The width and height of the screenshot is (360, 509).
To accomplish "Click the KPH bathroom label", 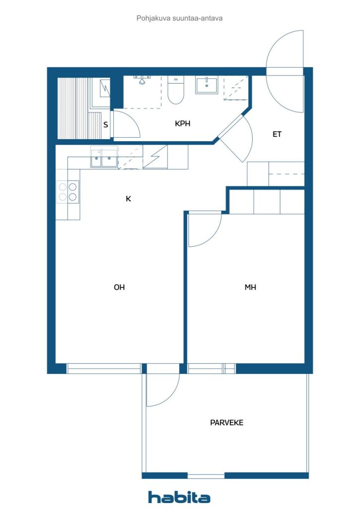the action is pyautogui.click(x=182, y=124).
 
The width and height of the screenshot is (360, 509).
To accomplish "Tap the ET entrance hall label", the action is pyautogui.click(x=277, y=134).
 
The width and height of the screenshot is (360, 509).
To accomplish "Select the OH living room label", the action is pyautogui.click(x=119, y=287).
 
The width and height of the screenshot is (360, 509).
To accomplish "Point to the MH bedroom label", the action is pyautogui.click(x=250, y=287).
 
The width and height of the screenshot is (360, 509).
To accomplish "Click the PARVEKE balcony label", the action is pyautogui.click(x=227, y=423).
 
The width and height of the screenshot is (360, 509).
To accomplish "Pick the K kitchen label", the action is pyautogui.click(x=128, y=199).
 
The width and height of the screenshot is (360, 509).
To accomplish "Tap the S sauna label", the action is pyautogui.click(x=105, y=125).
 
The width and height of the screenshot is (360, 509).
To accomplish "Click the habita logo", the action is pyautogui.click(x=179, y=497).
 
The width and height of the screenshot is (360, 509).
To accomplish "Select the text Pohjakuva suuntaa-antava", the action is pyautogui.click(x=180, y=18).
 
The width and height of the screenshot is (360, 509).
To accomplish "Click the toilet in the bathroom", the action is pyautogui.click(x=176, y=90).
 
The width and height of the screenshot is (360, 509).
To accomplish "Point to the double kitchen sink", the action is pyautogui.click(x=104, y=159).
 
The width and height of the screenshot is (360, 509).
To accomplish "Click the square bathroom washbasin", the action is pyautogui.click(x=207, y=85).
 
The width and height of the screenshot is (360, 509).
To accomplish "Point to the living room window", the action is pyautogui.click(x=104, y=368).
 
